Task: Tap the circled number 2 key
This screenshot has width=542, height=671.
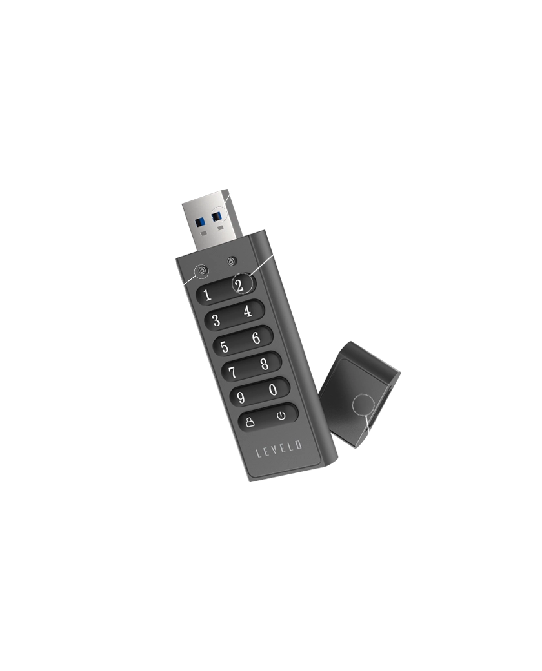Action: (x=240, y=284)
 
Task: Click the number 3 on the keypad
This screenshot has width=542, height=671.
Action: (x=216, y=320)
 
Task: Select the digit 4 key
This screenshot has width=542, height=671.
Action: (x=248, y=311)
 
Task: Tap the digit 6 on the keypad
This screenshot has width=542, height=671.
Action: (x=256, y=337)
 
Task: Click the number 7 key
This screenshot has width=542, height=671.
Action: (x=232, y=372)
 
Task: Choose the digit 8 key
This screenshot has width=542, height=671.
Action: (x=265, y=364)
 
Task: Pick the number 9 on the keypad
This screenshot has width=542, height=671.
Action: (x=241, y=398)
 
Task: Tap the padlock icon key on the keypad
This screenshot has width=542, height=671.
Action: (x=250, y=423)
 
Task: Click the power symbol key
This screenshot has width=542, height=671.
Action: (x=281, y=415)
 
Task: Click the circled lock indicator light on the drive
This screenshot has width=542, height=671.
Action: (x=202, y=270)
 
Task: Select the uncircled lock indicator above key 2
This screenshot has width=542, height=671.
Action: (x=232, y=261)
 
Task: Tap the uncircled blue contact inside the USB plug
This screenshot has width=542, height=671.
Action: (x=200, y=222)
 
